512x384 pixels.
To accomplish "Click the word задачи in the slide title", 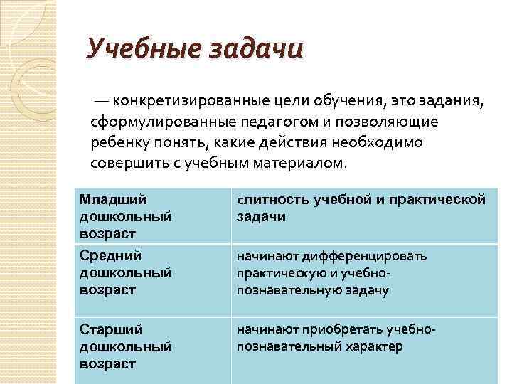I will pyautogui.click(x=256, y=50).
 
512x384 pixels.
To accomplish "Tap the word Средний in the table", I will pyautogui.click(x=110, y=256).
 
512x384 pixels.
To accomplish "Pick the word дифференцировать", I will pyautogui.click(x=384, y=256).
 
